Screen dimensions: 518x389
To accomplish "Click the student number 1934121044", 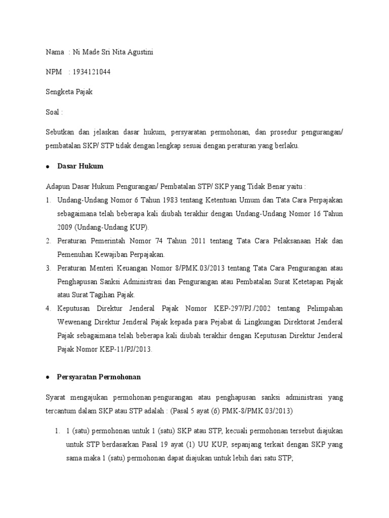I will coord(92,72).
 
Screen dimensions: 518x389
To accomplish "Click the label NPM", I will coord(54,72).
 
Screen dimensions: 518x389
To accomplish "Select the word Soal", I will coord(53,112).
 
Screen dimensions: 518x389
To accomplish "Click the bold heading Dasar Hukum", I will coord(81,166).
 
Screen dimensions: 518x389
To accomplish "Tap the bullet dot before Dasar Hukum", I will coord(47,166).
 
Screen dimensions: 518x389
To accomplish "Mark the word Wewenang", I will coord(76,321).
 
